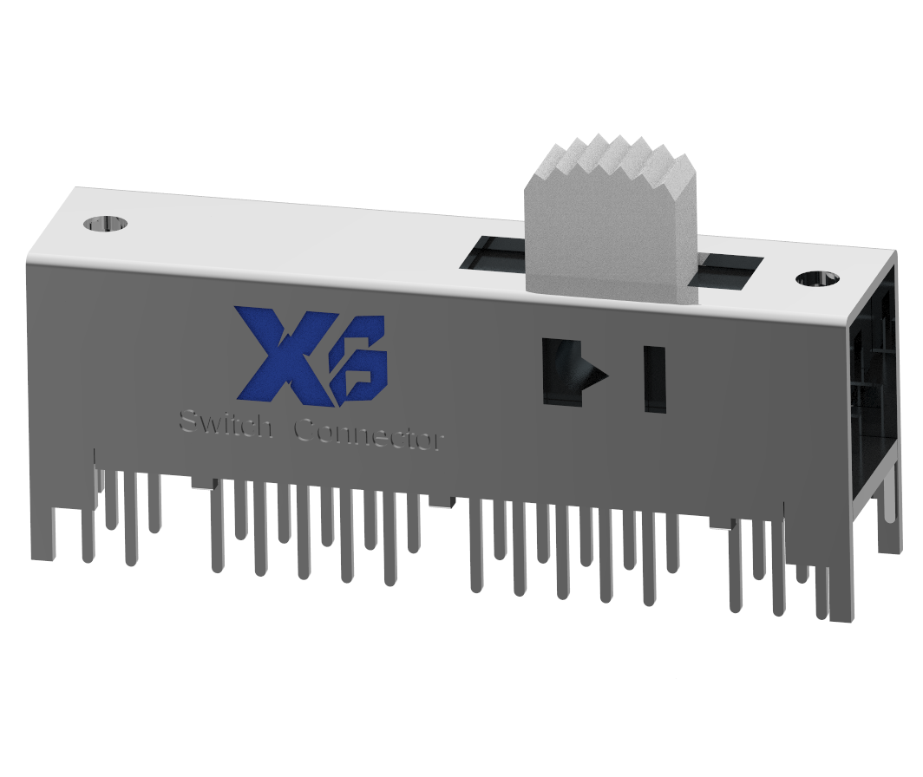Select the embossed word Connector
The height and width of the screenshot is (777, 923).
370,434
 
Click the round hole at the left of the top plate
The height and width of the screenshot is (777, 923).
105,225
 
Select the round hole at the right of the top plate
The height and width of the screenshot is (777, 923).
816,278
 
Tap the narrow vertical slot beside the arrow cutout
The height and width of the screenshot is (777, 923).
654,378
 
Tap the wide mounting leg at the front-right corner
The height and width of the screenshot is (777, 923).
841,590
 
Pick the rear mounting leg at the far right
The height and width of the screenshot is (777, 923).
888,520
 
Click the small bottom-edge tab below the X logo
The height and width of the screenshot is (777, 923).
201,482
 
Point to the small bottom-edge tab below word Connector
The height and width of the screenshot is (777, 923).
441,499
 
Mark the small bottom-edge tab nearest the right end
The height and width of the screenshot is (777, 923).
722,521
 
